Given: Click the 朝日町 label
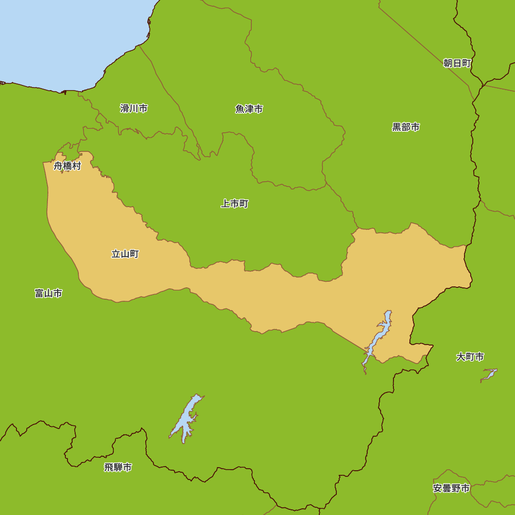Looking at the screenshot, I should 457,63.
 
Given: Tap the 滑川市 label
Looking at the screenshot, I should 134,109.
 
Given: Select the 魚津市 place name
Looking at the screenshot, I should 249,109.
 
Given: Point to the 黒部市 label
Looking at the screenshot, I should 406,127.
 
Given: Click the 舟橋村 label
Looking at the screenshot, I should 67,166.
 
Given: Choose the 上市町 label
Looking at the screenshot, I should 235,204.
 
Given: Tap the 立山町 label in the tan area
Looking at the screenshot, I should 125,254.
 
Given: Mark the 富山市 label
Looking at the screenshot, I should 49,294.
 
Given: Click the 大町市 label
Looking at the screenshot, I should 470,357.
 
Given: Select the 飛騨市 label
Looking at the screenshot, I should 118,468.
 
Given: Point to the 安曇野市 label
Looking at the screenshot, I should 452,488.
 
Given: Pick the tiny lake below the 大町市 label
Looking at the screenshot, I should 489,374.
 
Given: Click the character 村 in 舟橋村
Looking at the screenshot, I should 77,166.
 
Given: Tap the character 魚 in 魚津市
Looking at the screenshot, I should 240,109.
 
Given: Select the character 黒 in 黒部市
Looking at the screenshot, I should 397,127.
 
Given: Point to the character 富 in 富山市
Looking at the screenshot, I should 40,294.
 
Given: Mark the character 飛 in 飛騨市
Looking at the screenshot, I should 109,468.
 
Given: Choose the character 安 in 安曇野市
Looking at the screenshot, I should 438,488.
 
